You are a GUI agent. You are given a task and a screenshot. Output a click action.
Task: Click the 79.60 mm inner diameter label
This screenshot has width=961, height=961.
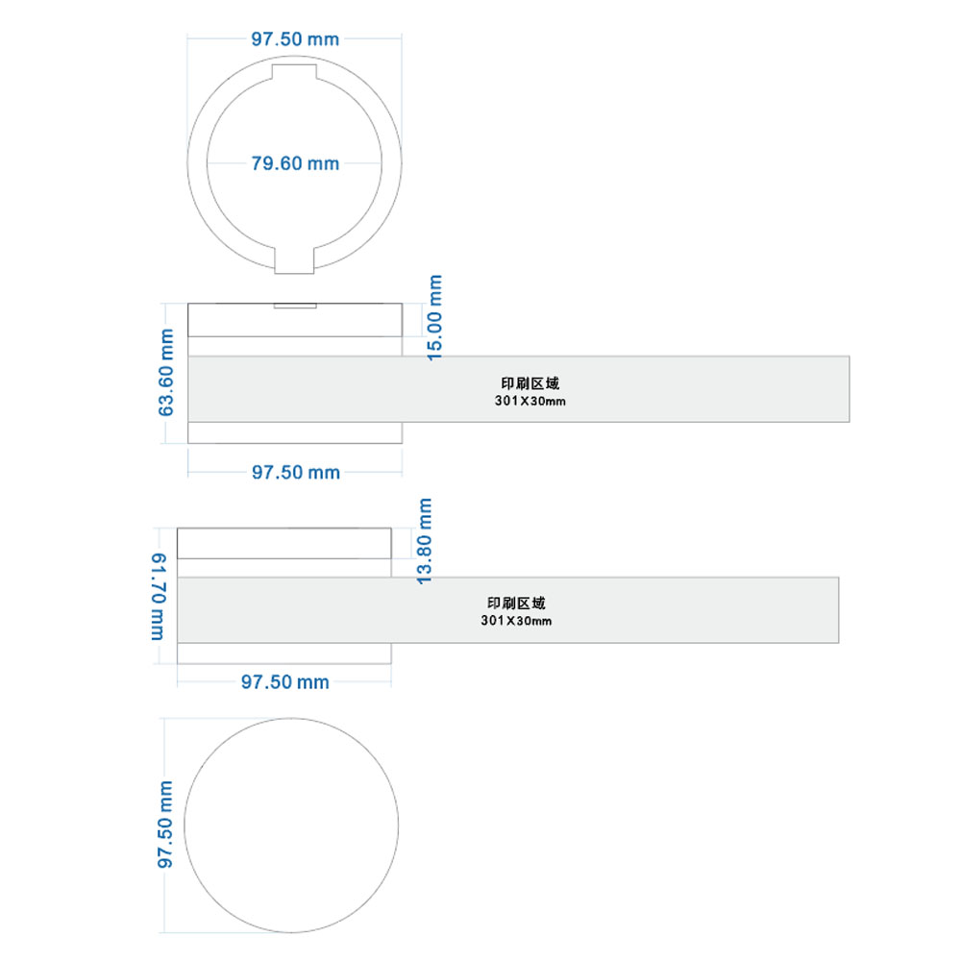[x=295, y=163]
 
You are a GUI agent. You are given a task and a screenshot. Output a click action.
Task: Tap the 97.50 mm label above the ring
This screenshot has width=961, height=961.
[x=295, y=39]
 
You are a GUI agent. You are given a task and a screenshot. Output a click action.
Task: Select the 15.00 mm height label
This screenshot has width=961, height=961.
[x=434, y=317]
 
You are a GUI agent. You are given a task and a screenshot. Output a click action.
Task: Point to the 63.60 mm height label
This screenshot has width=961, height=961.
[x=166, y=373]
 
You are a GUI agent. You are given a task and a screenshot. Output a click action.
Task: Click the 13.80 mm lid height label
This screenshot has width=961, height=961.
[x=424, y=541]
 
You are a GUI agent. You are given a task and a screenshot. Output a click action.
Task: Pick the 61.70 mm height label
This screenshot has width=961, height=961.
[x=159, y=597]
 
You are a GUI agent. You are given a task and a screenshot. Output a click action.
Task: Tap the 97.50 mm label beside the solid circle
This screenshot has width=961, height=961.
[x=165, y=825]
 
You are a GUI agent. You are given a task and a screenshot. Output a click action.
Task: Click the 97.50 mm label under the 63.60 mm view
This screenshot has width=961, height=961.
[x=295, y=473]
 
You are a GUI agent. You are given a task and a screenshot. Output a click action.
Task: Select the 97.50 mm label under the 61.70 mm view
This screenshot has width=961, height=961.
[x=285, y=682]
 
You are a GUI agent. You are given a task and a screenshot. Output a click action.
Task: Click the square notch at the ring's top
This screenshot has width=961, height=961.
[x=294, y=72]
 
